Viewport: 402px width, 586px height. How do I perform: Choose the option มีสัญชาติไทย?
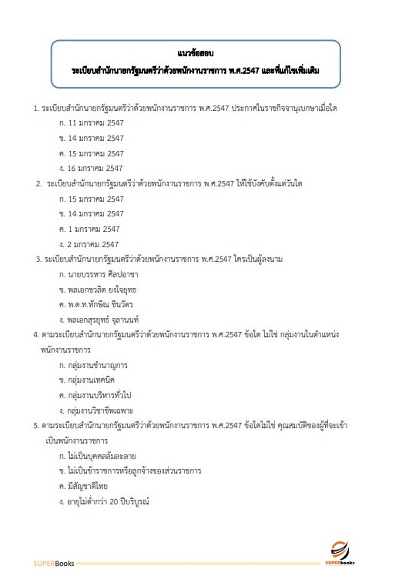tap(86, 486)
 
